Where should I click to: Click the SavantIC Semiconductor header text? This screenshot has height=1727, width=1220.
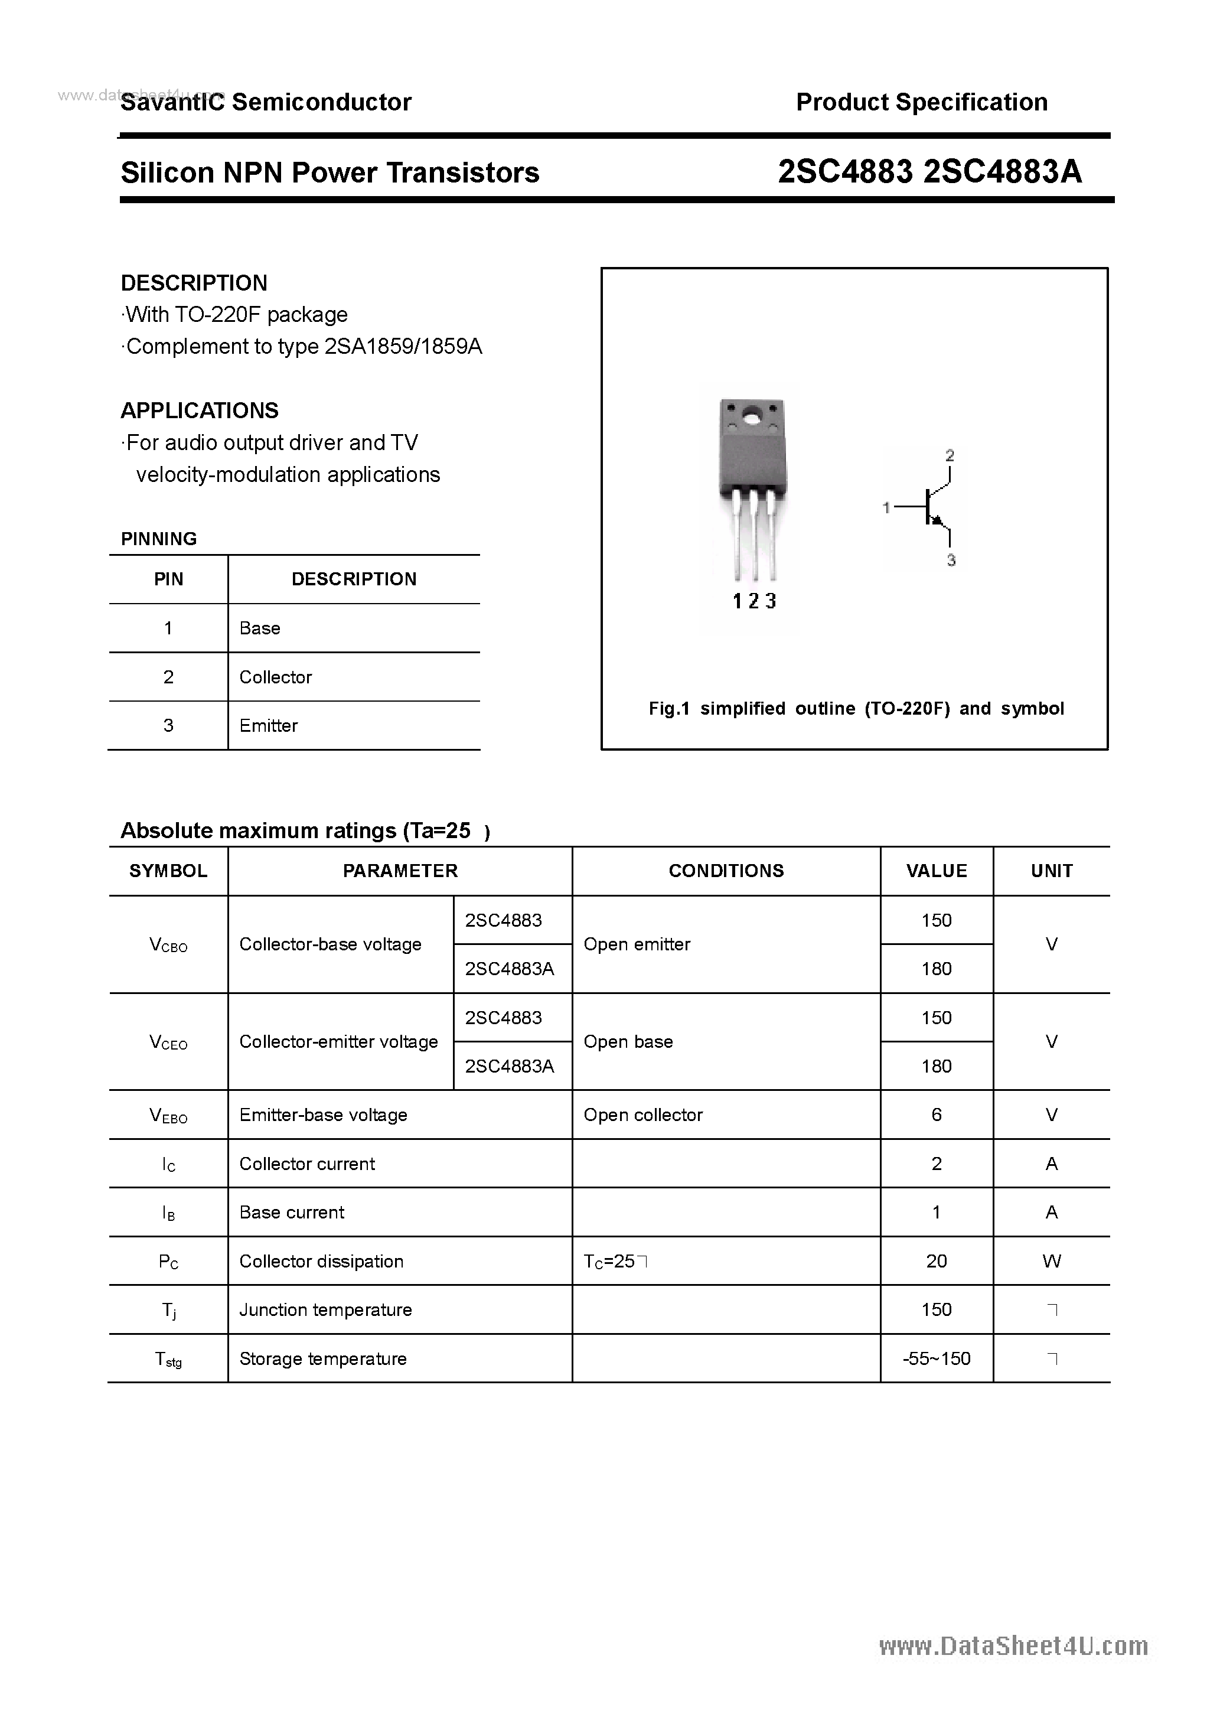pyautogui.click(x=266, y=102)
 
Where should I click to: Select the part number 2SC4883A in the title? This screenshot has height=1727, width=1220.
pyautogui.click(x=1002, y=172)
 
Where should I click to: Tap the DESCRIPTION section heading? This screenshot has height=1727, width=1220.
pyautogui.click(x=194, y=283)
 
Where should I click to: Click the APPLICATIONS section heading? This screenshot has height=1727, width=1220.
pyautogui.click(x=200, y=410)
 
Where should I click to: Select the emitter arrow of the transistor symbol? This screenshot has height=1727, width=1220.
pyautogui.click(x=937, y=520)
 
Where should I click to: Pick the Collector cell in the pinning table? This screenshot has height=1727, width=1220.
pyautogui.click(x=275, y=677)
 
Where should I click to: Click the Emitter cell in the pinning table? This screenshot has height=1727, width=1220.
pyautogui.click(x=269, y=726)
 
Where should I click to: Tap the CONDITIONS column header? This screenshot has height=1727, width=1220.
pyautogui.click(x=726, y=871)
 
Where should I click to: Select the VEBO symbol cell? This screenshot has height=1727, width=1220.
pyautogui.click(x=168, y=1116)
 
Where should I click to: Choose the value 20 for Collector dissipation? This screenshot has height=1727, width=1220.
pyautogui.click(x=937, y=1262)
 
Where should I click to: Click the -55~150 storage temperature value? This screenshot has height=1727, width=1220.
pyautogui.click(x=937, y=1358)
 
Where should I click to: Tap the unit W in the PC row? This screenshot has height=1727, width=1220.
pyautogui.click(x=1052, y=1262)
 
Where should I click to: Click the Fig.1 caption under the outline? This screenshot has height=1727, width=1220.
pyautogui.click(x=856, y=709)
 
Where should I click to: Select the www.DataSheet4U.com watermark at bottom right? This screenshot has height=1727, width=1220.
pyautogui.click(x=1013, y=1647)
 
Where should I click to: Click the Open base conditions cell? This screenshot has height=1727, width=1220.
pyautogui.click(x=628, y=1042)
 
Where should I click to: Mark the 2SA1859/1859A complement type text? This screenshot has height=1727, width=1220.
pyautogui.click(x=403, y=347)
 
